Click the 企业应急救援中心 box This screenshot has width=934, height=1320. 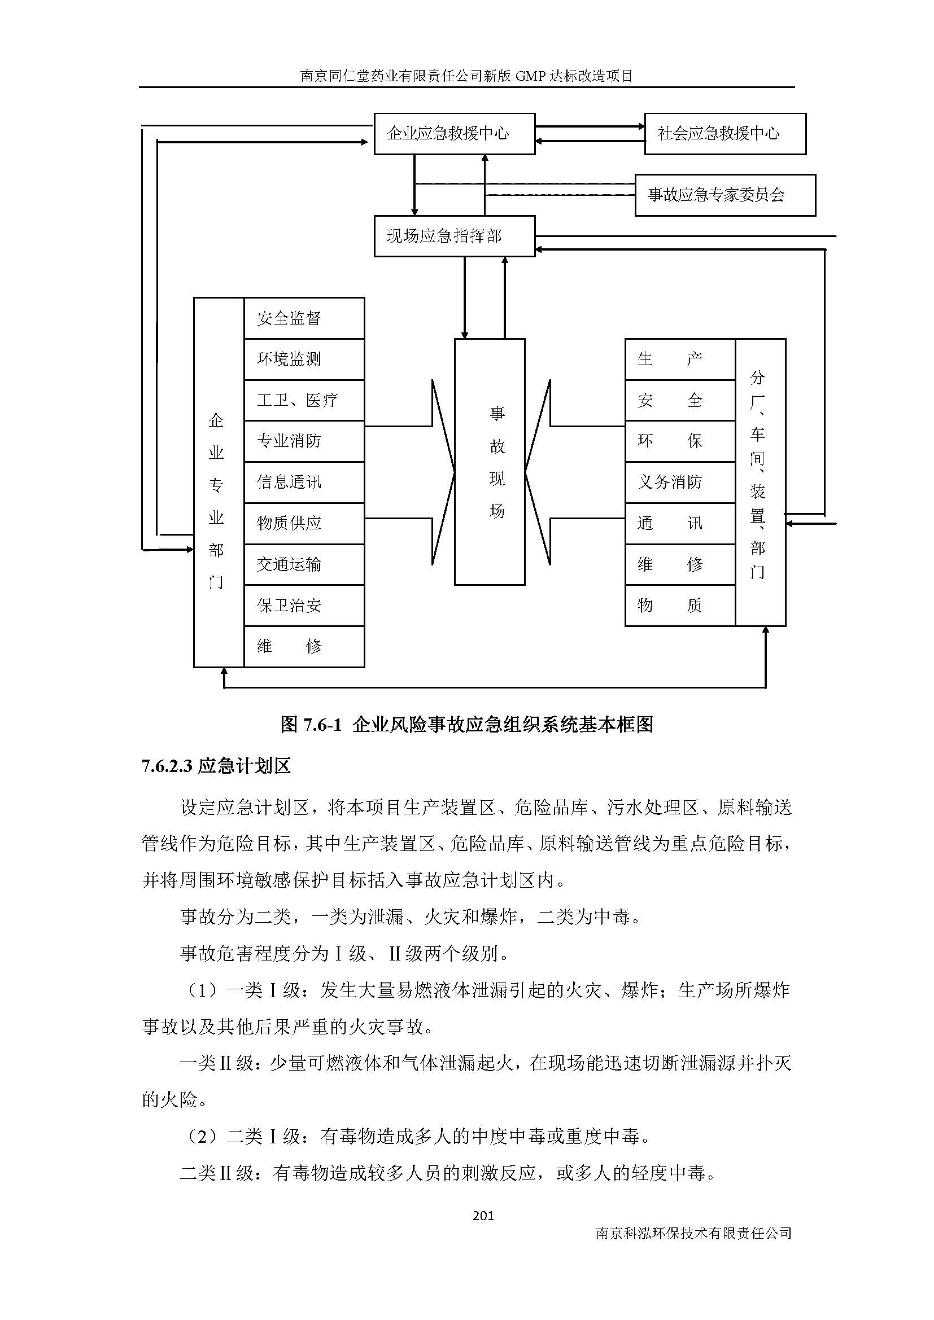coord(455,134)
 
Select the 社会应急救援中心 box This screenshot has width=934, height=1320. coord(724,134)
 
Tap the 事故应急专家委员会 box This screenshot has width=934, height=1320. coord(724,195)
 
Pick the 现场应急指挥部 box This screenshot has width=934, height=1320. coord(455,236)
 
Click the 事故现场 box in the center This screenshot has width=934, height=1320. coord(490,462)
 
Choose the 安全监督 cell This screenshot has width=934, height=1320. coord(304,318)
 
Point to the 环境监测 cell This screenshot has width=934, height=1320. coord(304,359)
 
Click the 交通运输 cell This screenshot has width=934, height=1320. coord(304,564)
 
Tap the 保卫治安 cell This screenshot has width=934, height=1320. coord(304,606)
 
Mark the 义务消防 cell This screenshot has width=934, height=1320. coord(680,483)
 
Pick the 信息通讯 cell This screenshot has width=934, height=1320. coord(304,483)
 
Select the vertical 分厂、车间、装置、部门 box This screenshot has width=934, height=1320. coord(760,482)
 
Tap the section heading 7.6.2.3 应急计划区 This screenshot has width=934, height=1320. coord(216,766)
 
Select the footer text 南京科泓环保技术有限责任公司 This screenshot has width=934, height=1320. coord(693,1233)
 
